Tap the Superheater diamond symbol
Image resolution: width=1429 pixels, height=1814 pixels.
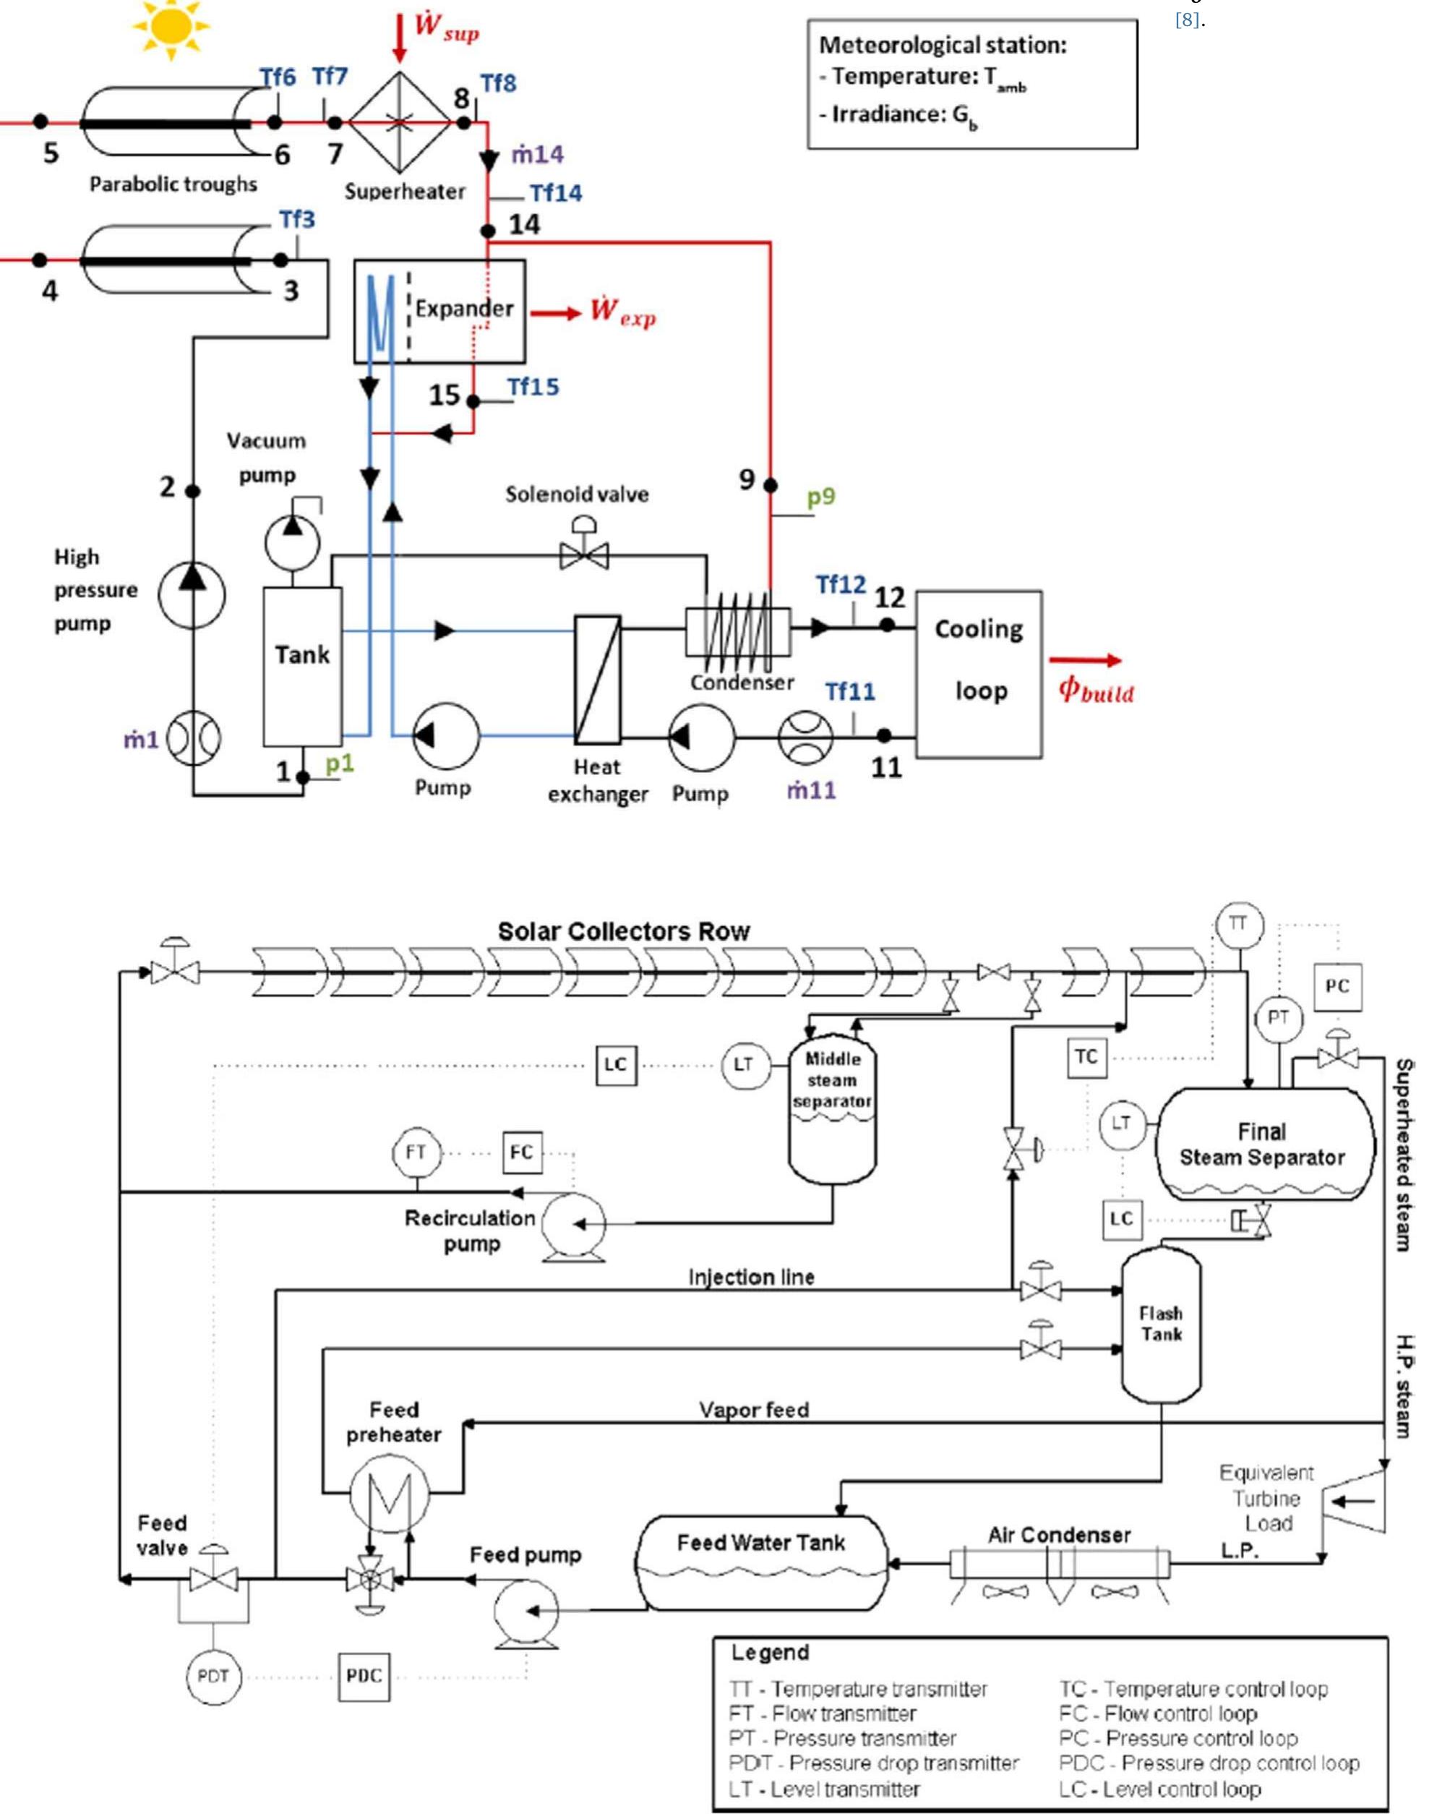[x=399, y=122]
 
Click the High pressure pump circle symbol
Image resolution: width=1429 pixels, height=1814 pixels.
[x=192, y=596]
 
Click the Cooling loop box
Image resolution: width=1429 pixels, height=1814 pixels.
[x=978, y=675]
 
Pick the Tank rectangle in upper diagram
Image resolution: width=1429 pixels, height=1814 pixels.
[x=302, y=666]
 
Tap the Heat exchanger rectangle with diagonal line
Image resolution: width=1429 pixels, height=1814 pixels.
[x=597, y=680]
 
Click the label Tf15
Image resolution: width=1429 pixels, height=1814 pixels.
[x=533, y=388]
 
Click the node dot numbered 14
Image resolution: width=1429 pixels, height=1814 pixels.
[x=488, y=230]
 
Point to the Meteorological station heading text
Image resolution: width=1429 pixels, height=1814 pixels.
[x=942, y=45]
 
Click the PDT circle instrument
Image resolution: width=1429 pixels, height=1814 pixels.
[x=213, y=1676]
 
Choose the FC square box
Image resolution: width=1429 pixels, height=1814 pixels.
[x=521, y=1152]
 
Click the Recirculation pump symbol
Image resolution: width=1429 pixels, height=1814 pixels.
[x=573, y=1223]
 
